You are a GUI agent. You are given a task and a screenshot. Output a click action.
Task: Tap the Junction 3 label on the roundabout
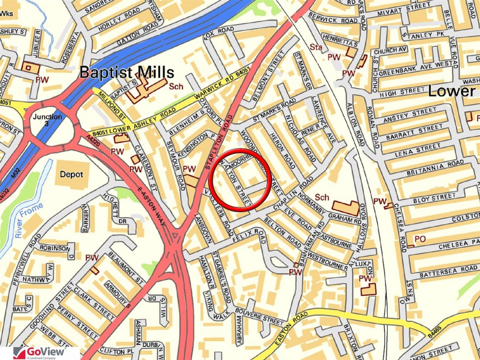[x=48, y=120]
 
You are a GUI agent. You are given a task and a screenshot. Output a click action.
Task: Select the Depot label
[x=71, y=174]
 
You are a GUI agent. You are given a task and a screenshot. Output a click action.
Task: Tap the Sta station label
[x=316, y=48]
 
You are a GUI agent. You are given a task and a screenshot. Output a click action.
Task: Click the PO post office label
[x=420, y=239]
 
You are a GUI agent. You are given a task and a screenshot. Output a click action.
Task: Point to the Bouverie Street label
[x=260, y=316]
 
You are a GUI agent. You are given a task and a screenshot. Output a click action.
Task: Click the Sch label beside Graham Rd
[x=322, y=197]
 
